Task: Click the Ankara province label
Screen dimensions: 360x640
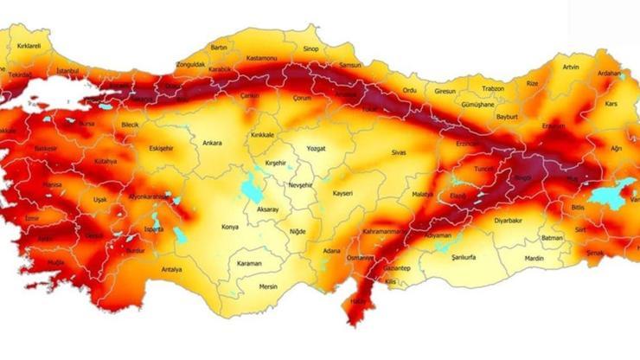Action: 212,143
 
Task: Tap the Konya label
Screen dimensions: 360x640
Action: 230,227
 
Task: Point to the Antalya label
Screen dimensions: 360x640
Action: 171,269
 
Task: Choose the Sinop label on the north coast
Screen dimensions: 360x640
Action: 310,48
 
